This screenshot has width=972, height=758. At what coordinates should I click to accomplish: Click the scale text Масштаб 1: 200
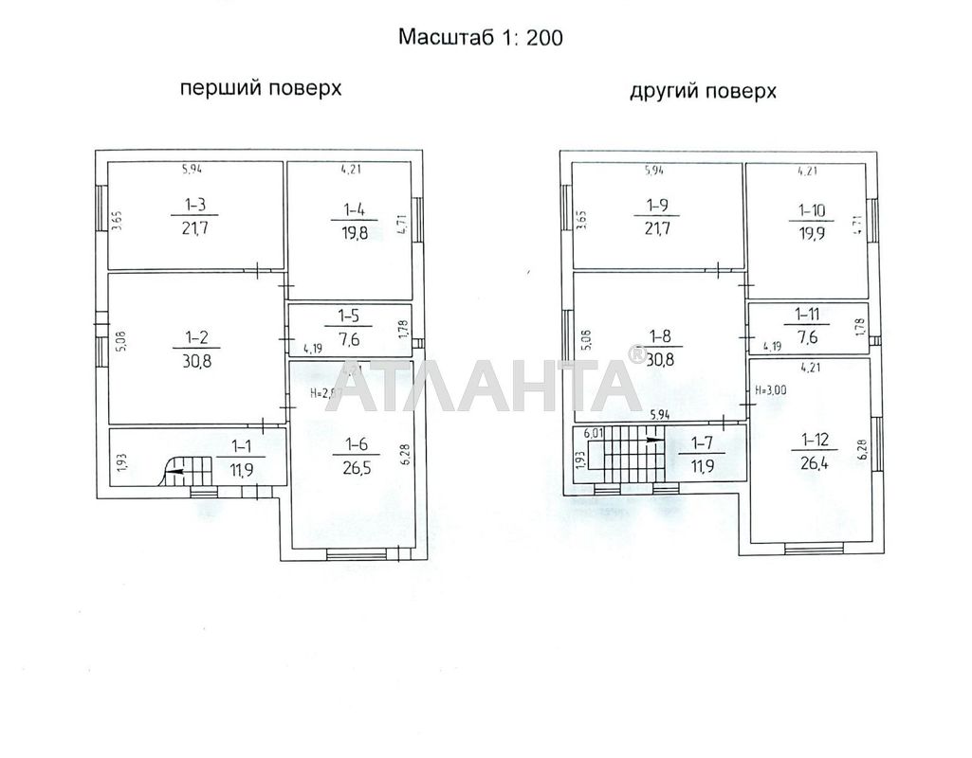point(480,38)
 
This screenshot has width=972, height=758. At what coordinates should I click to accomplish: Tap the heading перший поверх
point(261,89)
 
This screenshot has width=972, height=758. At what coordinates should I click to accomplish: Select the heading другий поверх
point(703,91)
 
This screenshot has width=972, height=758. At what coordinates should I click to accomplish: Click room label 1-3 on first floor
point(196,203)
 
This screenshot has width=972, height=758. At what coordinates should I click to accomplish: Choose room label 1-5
point(351,314)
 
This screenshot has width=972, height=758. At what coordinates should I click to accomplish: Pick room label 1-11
point(808,313)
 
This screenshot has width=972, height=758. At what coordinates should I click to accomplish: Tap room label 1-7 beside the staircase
point(702,442)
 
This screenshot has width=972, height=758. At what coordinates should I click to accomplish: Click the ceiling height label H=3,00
point(771,389)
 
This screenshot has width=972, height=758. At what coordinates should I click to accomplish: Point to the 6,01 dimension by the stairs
point(594,433)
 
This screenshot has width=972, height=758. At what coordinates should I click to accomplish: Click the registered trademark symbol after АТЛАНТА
point(636,354)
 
